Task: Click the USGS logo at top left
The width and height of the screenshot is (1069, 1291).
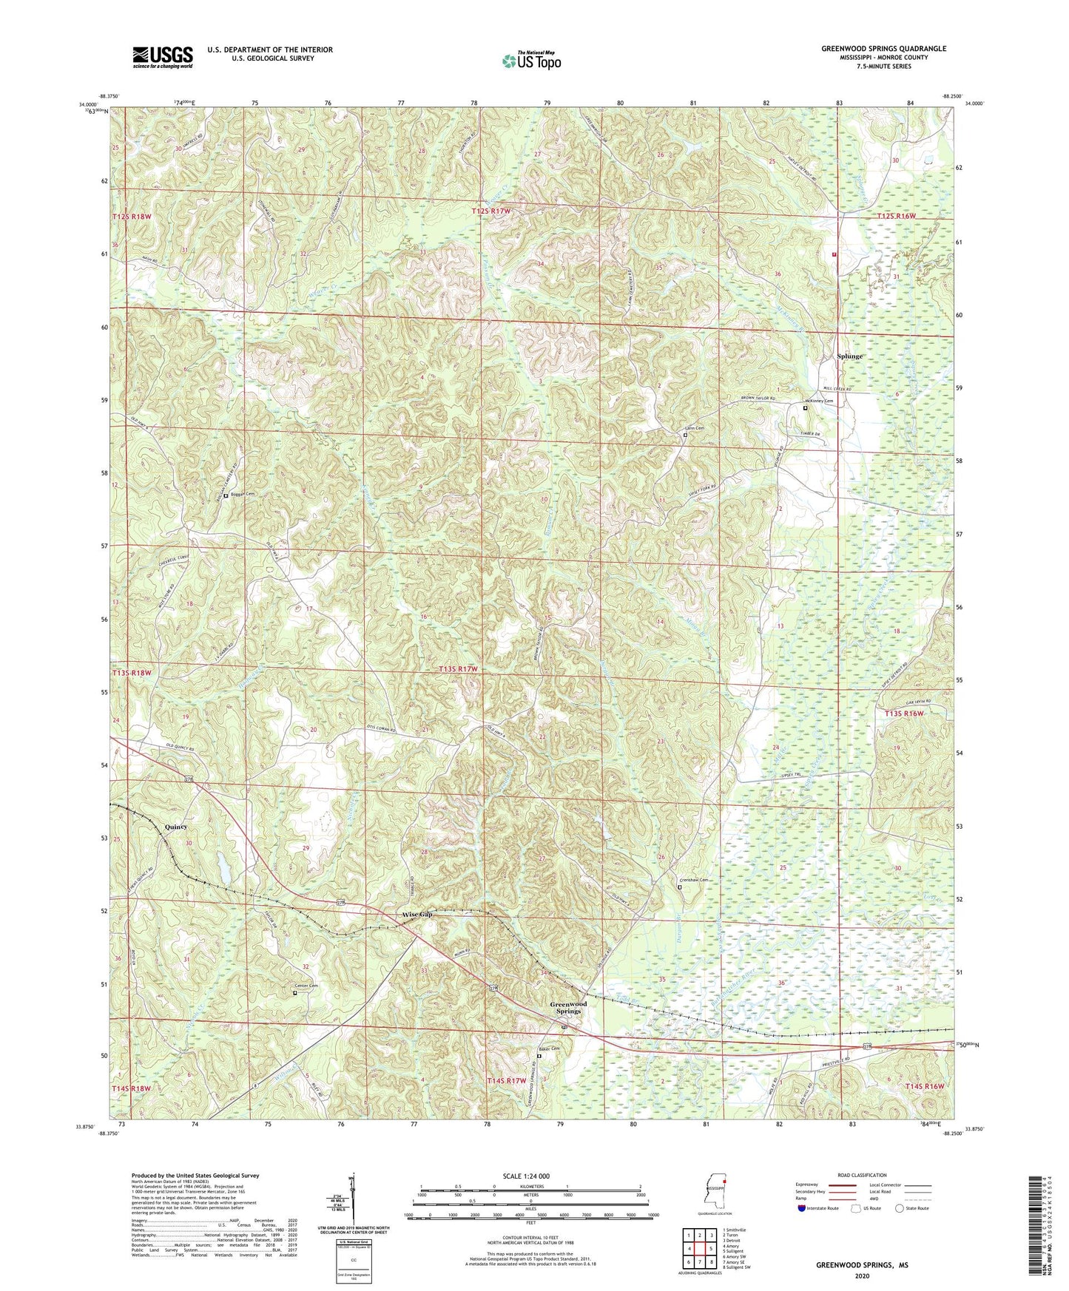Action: tap(163, 57)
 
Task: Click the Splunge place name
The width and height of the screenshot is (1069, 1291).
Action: tap(849, 356)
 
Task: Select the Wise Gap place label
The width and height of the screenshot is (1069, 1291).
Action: tap(417, 915)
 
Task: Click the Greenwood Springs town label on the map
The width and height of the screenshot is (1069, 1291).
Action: tap(568, 1007)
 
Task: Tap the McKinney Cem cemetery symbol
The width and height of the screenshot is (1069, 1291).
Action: tap(806, 407)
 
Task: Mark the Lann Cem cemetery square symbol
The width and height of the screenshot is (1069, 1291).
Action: tap(685, 436)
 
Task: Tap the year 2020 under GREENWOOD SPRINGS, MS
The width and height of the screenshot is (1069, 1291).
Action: tap(862, 1275)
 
